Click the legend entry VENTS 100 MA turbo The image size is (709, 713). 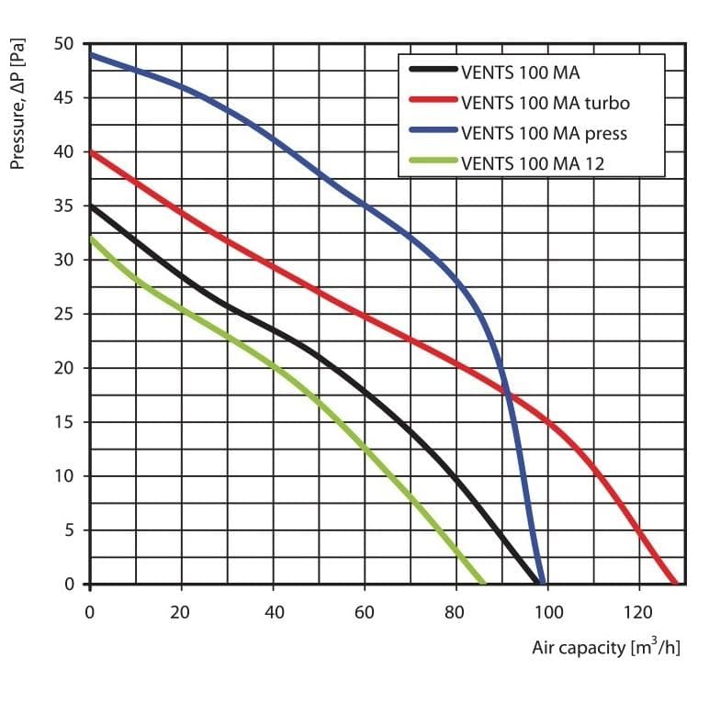(x=546, y=103)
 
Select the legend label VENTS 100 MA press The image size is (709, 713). (x=544, y=133)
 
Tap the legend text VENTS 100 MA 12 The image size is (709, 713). (x=533, y=163)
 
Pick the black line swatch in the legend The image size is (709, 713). (x=433, y=69)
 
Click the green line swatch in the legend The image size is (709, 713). (x=433, y=160)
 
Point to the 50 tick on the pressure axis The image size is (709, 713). (x=63, y=44)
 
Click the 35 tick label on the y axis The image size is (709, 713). (x=63, y=206)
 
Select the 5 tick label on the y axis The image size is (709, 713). (x=69, y=530)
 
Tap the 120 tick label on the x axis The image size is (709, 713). (x=638, y=612)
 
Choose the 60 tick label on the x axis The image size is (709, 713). (x=364, y=612)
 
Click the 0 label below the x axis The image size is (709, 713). (x=90, y=612)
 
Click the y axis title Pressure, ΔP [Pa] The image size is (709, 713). (x=17, y=104)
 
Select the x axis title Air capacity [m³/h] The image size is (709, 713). (x=606, y=647)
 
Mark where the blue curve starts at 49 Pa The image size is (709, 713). (x=91, y=55)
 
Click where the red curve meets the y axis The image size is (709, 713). (x=91, y=152)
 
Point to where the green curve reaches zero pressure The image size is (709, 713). (x=484, y=584)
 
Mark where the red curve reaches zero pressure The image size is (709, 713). (x=675, y=584)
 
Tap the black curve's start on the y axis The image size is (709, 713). (x=91, y=206)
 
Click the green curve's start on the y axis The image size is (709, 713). (x=91, y=239)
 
